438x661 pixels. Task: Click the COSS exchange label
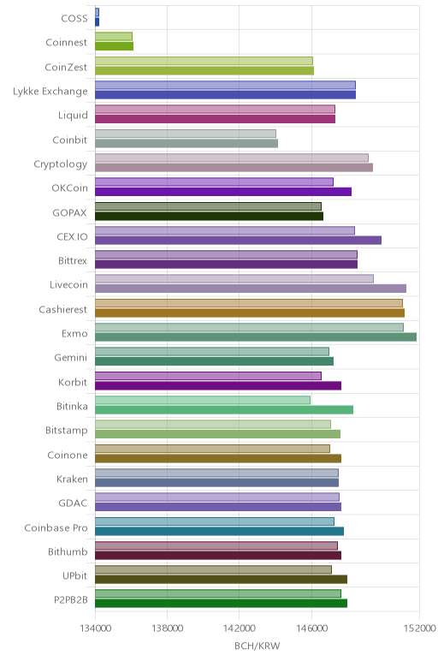pyautogui.click(x=74, y=18)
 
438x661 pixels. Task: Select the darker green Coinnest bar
pyautogui.click(x=114, y=46)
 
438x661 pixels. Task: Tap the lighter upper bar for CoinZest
pyautogui.click(x=204, y=61)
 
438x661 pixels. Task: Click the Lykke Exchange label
pyautogui.click(x=50, y=92)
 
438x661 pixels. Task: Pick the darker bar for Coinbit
pyautogui.click(x=186, y=143)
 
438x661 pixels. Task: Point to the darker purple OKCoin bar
pyautogui.click(x=223, y=192)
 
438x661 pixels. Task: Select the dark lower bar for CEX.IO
pyautogui.click(x=239, y=241)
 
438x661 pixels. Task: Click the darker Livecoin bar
pyautogui.click(x=251, y=289)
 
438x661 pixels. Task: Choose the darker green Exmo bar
pyautogui.click(x=256, y=336)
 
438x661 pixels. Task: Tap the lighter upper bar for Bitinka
pyautogui.click(x=203, y=400)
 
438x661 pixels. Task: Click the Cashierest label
pyautogui.click(x=63, y=309)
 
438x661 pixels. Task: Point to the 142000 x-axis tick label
pyautogui.click(x=240, y=628)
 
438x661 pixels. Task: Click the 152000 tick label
pyautogui.click(x=419, y=628)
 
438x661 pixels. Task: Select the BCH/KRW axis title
pyautogui.click(x=257, y=646)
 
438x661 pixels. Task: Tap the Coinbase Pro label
pyautogui.click(x=56, y=527)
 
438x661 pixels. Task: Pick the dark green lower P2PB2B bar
pyautogui.click(x=221, y=604)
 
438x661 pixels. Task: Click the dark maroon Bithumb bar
pyautogui.click(x=218, y=555)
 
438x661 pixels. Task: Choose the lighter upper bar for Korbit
pyautogui.click(x=208, y=376)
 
